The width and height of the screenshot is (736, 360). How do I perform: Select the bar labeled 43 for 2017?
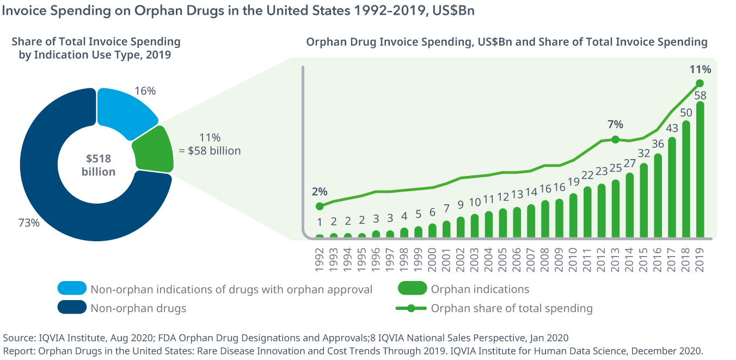(672, 187)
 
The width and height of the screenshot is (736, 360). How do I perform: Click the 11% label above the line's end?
(700, 69)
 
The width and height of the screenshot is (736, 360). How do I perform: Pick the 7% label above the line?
(615, 124)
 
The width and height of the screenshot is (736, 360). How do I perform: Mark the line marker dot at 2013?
(615, 139)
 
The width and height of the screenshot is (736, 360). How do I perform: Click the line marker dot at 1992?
(320, 206)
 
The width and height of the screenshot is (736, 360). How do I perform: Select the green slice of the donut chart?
(153, 149)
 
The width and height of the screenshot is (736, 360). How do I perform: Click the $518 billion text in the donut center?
(99, 165)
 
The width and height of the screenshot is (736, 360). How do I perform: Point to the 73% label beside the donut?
(28, 222)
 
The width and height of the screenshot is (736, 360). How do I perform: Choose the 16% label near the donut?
(145, 91)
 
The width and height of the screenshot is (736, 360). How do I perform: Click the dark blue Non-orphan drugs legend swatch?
(72, 308)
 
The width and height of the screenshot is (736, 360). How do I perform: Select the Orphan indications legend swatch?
(412, 289)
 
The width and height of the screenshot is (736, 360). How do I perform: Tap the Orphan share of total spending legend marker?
(412, 308)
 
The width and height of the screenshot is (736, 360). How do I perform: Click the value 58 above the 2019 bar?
(700, 95)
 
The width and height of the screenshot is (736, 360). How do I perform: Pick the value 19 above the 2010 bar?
(573, 182)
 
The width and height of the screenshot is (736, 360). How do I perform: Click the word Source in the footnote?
(18, 338)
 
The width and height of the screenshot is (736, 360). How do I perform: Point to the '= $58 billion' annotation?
(214, 151)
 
